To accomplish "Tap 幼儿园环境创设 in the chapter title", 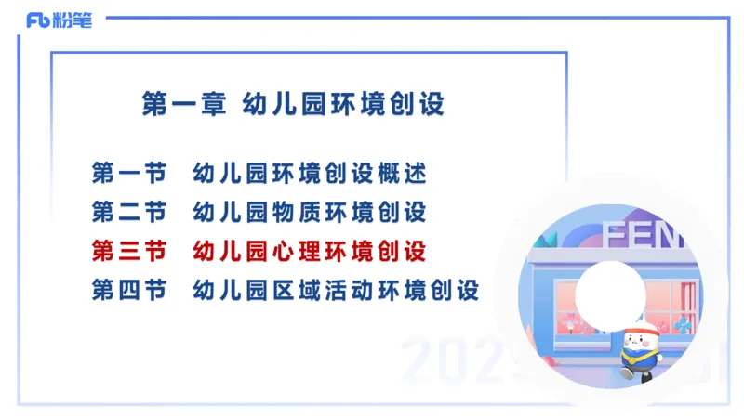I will [343, 104].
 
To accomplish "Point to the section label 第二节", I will [129, 212].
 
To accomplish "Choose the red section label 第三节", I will [129, 251].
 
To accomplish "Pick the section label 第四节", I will [129, 290].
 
